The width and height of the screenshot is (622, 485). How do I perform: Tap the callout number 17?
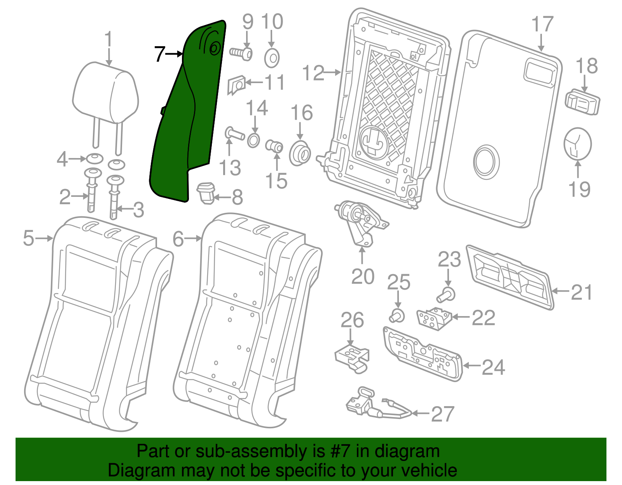click(542, 24)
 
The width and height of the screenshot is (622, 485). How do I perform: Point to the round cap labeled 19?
click(577, 144)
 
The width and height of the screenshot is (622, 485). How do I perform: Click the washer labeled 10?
click(272, 59)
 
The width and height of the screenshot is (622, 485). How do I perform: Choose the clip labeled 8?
click(206, 193)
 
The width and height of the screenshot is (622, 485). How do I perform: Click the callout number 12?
click(313, 73)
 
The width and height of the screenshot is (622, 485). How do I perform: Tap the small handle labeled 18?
click(582, 102)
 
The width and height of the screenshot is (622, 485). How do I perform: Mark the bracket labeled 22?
click(433, 318)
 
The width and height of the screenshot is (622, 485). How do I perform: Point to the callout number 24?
click(493, 367)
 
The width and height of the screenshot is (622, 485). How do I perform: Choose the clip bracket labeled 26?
click(352, 357)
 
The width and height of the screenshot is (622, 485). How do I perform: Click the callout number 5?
click(29, 238)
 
